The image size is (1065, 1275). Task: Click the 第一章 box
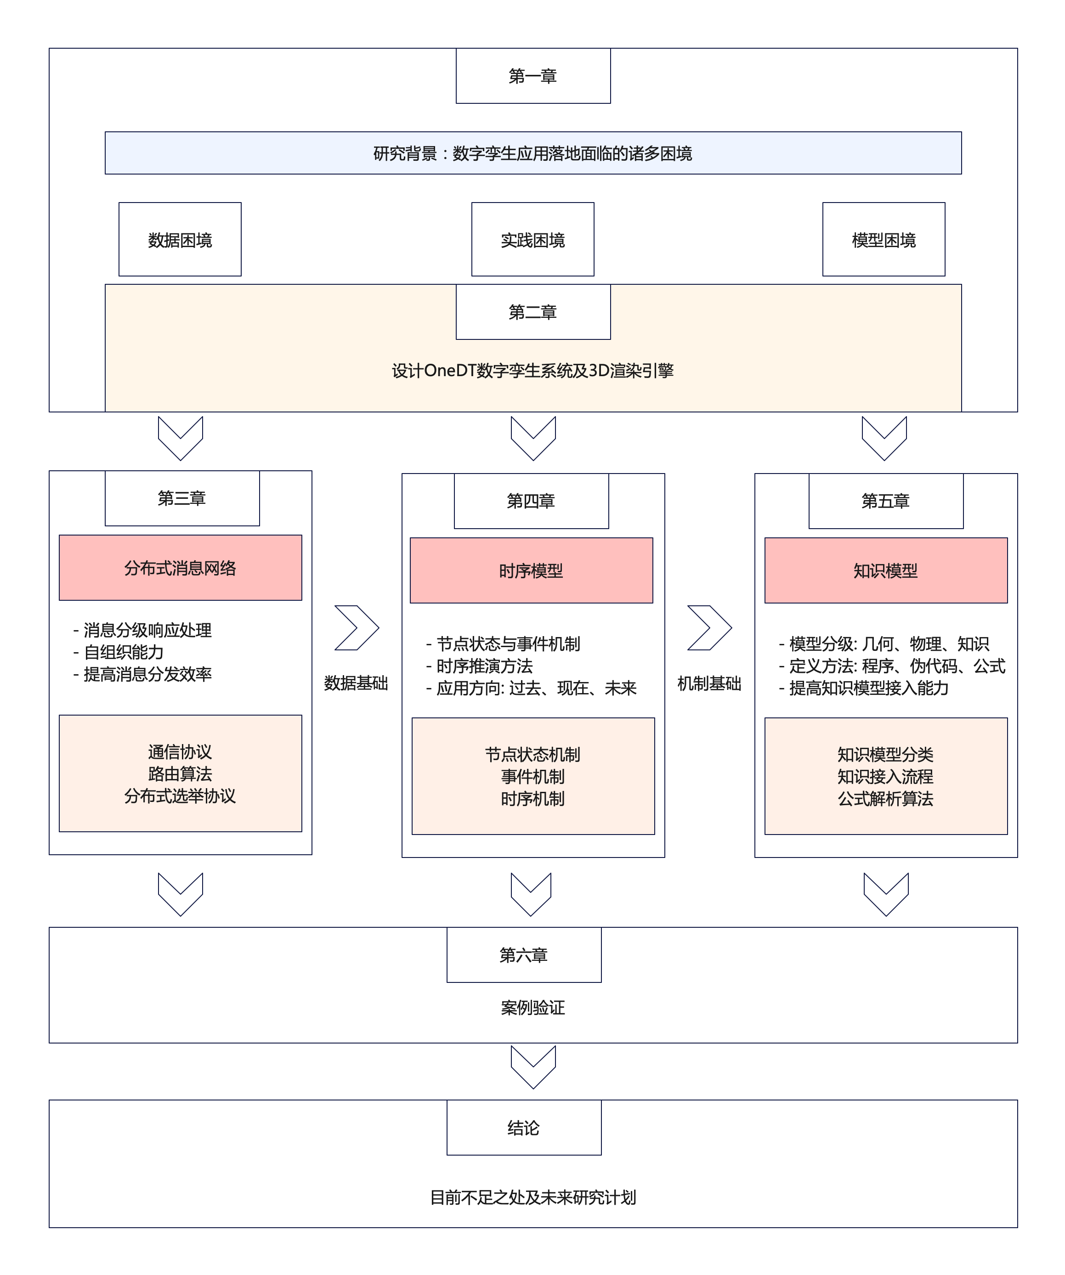(533, 76)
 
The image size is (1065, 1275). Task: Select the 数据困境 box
(180, 240)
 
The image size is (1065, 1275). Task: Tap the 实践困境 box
(532, 240)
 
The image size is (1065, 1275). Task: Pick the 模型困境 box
(884, 240)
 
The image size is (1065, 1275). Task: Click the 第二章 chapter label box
(533, 312)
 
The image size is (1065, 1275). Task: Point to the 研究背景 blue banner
(533, 153)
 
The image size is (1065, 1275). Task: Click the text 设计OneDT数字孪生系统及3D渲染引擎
(533, 370)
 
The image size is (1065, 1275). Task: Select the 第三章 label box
(182, 498)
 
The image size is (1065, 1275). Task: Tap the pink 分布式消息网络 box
(181, 568)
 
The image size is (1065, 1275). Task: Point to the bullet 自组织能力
(124, 652)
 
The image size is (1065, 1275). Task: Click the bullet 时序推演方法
(485, 666)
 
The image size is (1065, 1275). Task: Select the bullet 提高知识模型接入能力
(868, 688)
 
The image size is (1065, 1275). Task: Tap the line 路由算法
(181, 774)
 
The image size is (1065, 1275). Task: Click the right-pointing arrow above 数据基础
(357, 628)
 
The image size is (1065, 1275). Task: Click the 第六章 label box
(524, 955)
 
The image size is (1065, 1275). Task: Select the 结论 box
(524, 1128)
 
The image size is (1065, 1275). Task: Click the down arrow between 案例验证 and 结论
(533, 1067)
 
